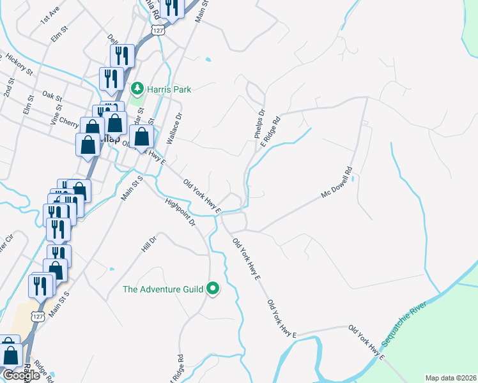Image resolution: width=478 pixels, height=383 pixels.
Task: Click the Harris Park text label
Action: point(169,89)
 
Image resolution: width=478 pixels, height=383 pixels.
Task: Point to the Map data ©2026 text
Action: point(451,378)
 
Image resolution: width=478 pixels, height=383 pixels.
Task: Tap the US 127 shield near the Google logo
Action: point(39,317)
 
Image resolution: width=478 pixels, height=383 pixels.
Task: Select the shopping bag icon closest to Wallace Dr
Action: point(141,136)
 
